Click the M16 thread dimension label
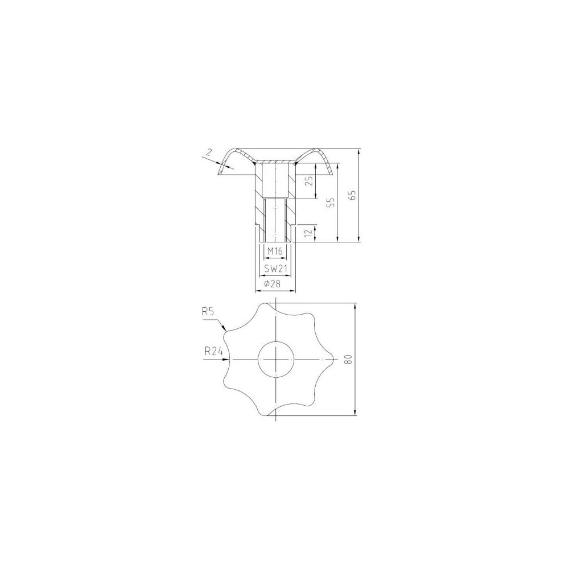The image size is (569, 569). coord(275,251)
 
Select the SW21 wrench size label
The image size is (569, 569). coord(275,269)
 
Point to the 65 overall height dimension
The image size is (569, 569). coord(354,195)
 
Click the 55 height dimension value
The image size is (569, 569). coord(331,203)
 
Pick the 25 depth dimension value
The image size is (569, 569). coord(309,181)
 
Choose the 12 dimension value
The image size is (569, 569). coord(309,233)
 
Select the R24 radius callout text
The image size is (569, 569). coord(213,351)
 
